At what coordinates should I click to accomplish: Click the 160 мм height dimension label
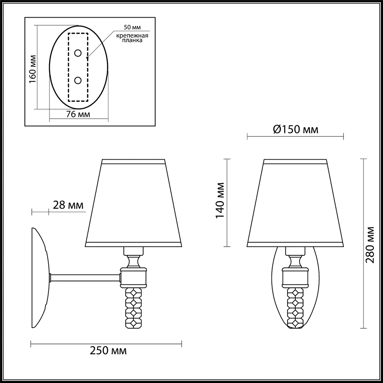[x=33, y=69]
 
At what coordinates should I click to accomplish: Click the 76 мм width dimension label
[x=78, y=114]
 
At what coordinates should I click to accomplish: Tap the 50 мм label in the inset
[x=132, y=27]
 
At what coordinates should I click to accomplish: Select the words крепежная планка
[x=132, y=38]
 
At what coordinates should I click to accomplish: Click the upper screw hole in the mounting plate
[x=78, y=53]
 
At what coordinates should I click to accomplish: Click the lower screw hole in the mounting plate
[x=78, y=80]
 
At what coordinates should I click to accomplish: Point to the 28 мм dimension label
[x=68, y=205]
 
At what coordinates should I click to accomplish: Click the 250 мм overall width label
[x=108, y=351]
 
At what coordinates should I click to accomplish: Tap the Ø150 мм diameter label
[x=296, y=129]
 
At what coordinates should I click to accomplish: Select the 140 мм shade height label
[x=220, y=200]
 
